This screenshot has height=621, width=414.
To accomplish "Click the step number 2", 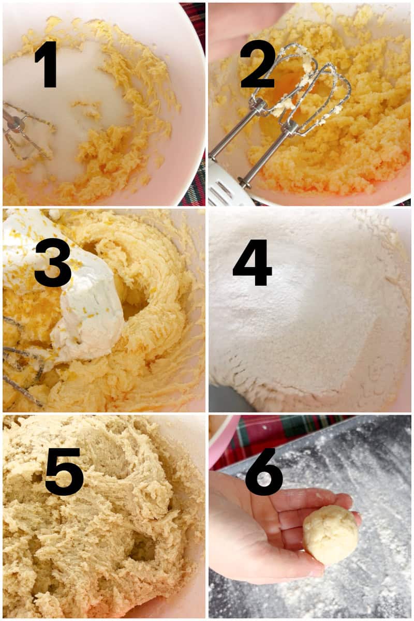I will tap(257, 64).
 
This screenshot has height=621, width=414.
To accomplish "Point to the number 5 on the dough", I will tap(64, 471).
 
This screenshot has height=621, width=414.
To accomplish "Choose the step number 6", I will tap(264, 471).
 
